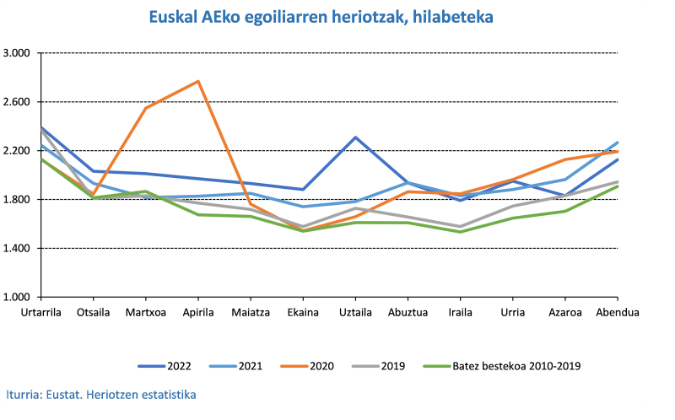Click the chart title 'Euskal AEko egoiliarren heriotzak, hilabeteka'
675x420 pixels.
tap(321, 16)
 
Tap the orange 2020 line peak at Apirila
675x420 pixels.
tap(198, 81)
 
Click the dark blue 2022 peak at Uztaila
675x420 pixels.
tap(355, 137)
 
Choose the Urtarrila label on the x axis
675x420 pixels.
tap(41, 312)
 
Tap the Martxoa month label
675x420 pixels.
tap(146, 312)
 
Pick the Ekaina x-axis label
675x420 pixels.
tap(303, 312)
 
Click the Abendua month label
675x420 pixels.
tap(617, 312)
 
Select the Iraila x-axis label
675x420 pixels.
tap(460, 312)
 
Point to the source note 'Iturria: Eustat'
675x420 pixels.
tap(101, 394)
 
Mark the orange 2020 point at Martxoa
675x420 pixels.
tap(146, 108)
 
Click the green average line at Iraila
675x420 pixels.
tap(460, 232)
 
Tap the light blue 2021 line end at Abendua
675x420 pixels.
tap(617, 143)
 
